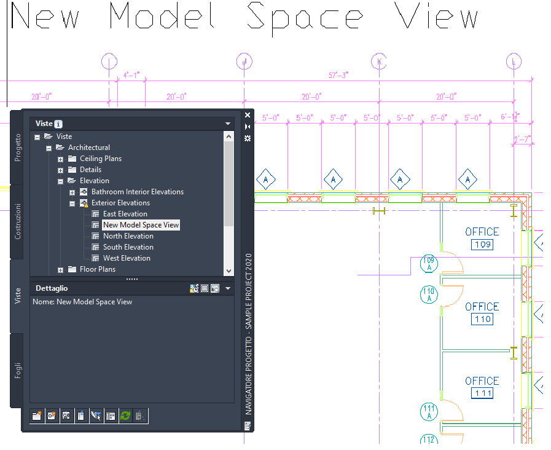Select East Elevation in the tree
coord(125,214)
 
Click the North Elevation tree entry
coord(128,236)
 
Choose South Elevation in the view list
coord(128,247)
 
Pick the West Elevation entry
coord(127,258)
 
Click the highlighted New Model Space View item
coord(141,225)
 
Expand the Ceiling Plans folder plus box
coord(61,159)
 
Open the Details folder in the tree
coord(90,170)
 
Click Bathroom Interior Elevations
coord(137,192)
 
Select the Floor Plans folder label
coord(97,269)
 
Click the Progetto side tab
coord(18,148)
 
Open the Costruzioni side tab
coord(18,221)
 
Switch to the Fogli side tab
coord(18,369)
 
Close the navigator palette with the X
coord(248,115)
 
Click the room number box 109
coord(482,245)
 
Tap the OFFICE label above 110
coord(482,306)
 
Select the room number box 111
coord(482,393)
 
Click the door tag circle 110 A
coord(429,294)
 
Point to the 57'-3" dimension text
coord(338,75)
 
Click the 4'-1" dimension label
coord(131,75)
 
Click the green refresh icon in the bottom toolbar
coord(125,416)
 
